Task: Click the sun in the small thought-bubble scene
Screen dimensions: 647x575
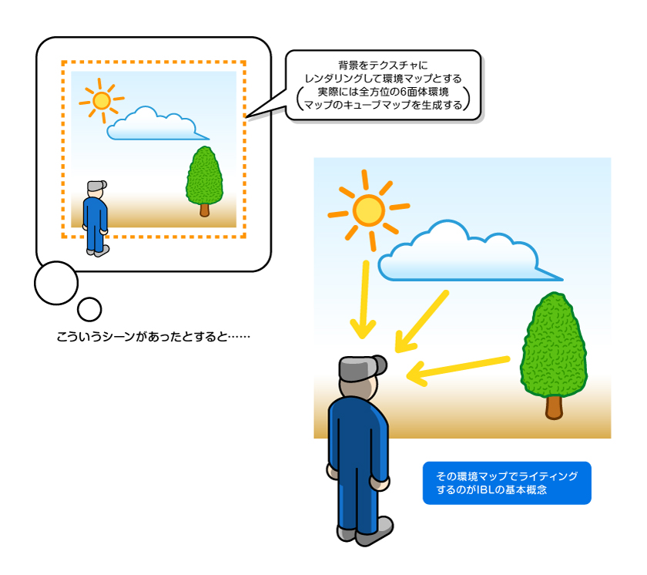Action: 102,100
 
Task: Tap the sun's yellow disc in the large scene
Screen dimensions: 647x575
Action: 368,210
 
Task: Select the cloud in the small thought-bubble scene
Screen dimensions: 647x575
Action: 157,124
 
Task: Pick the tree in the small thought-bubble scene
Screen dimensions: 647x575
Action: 204,181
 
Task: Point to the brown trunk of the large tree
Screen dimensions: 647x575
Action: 554,407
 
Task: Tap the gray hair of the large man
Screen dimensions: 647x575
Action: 362,368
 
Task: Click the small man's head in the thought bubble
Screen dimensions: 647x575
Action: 96,190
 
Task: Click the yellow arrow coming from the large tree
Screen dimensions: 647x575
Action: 458,370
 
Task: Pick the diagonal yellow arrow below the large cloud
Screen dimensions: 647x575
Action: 421,322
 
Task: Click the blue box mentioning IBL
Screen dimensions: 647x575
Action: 507,483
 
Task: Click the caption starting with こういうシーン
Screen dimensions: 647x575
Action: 153,337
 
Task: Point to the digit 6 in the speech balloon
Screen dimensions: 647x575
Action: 404,92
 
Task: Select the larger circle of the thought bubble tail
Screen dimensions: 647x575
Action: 56,283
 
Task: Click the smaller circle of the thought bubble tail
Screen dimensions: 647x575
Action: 89,309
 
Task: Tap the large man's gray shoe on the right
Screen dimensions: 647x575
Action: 374,532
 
